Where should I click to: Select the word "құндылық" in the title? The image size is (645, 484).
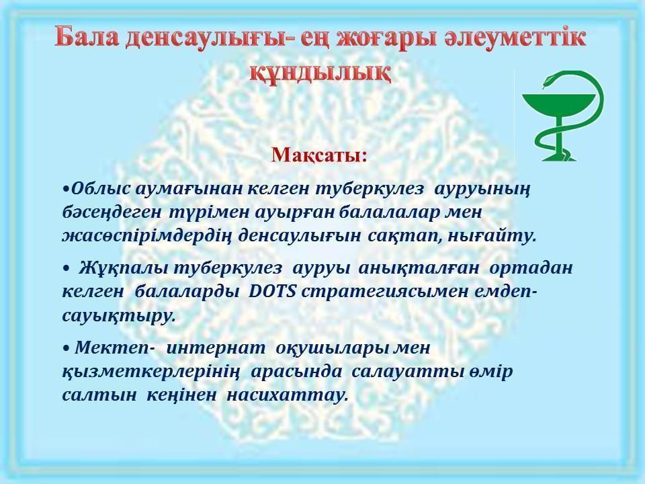click(x=320, y=74)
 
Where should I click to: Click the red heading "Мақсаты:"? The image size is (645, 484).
click(x=318, y=155)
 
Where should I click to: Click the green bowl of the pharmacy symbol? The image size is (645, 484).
click(x=558, y=106)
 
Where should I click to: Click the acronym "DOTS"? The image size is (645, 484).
click(x=273, y=291)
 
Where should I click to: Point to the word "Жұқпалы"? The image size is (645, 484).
click(x=123, y=268)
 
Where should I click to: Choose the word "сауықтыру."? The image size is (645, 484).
click(x=119, y=316)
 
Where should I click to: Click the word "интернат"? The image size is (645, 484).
click(x=216, y=348)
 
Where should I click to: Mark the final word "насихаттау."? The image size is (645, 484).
click(x=288, y=395)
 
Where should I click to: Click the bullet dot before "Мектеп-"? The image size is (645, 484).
click(x=67, y=348)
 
